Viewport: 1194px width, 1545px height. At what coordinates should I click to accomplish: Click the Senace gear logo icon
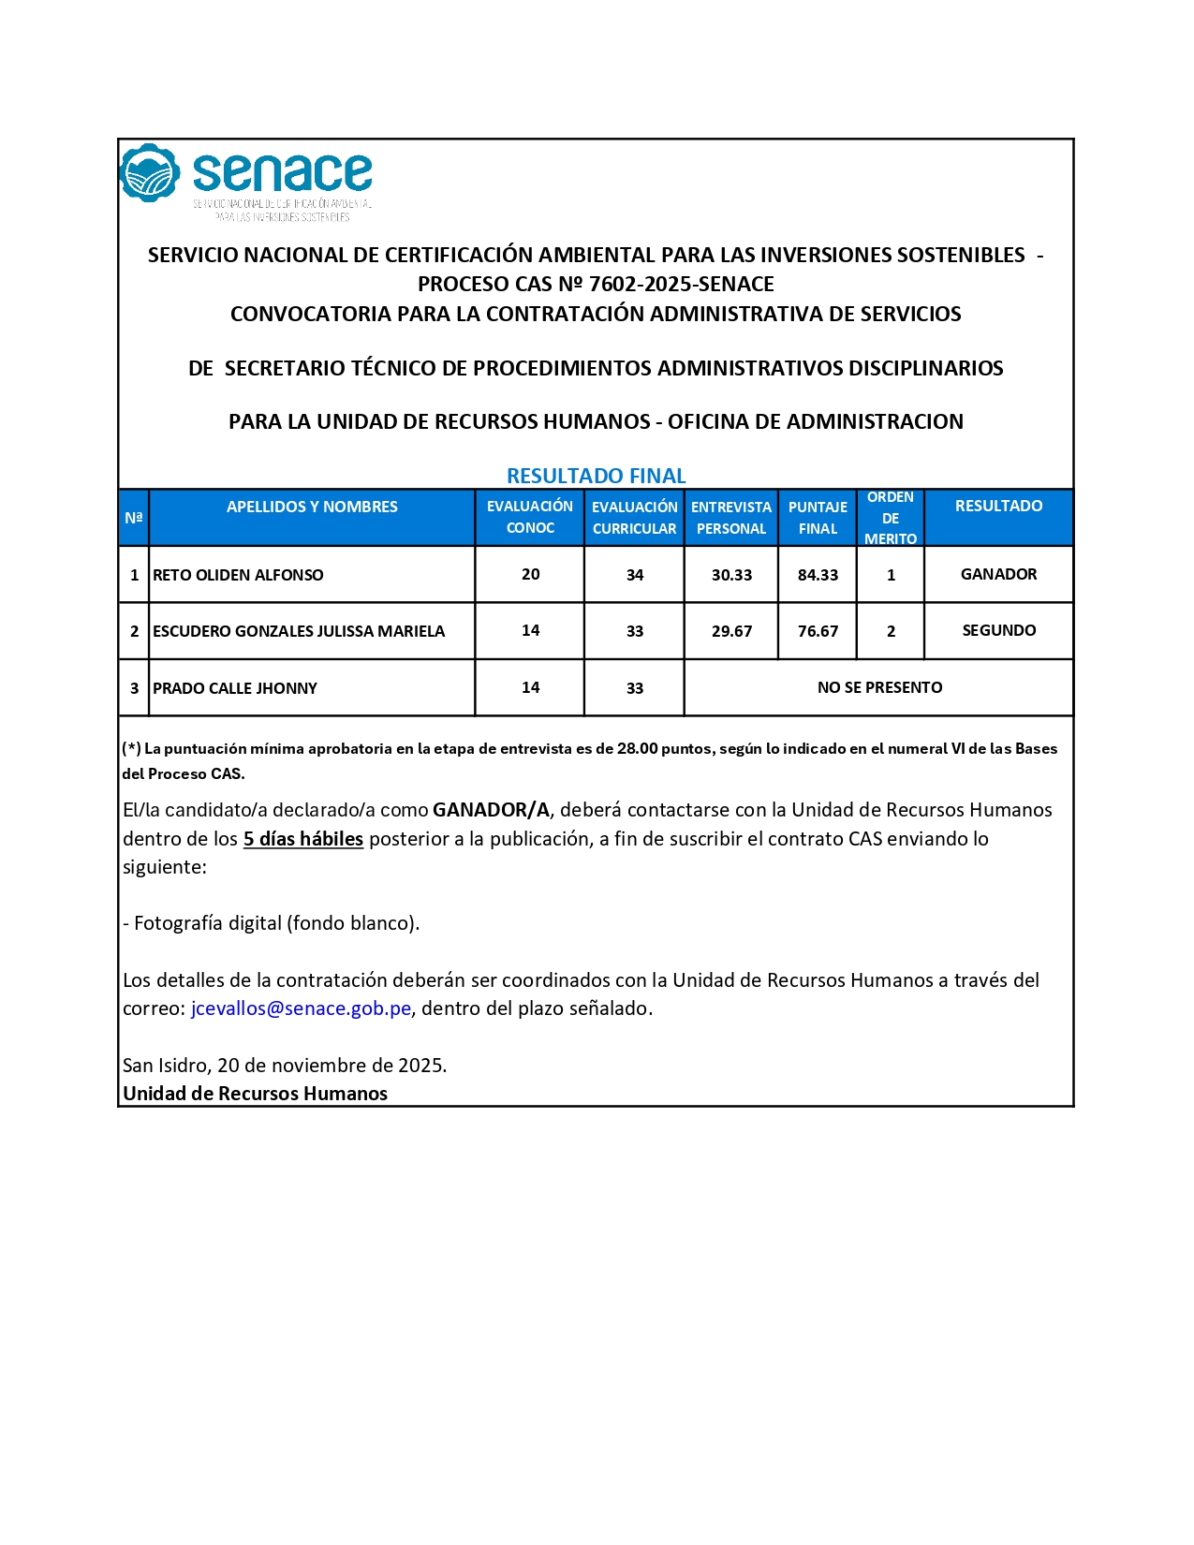coord(150,173)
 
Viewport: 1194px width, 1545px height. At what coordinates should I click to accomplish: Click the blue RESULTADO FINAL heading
coord(596,476)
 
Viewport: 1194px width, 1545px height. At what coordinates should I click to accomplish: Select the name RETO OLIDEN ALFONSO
coord(238,575)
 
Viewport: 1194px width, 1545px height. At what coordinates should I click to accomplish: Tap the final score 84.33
coord(818,575)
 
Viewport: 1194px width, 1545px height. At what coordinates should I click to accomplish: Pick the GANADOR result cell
coord(998,574)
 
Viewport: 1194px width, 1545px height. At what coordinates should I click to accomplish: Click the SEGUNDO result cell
coord(998,630)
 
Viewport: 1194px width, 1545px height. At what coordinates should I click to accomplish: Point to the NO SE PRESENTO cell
coord(879,687)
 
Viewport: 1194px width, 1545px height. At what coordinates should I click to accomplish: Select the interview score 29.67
coord(731,631)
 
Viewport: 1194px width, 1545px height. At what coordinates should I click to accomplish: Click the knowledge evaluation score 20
coord(530,574)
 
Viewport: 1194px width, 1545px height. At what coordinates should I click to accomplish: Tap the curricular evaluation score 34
coord(635,575)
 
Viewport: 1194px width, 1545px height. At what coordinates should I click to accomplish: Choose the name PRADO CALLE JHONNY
coord(235,688)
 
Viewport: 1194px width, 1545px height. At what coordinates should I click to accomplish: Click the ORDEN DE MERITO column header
coord(891,518)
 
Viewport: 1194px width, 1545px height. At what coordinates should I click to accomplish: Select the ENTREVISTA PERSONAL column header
coord(731,518)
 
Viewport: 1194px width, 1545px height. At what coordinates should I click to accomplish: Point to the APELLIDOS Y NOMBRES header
coord(312,507)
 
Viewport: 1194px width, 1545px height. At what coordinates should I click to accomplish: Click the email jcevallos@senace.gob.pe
coord(301,1008)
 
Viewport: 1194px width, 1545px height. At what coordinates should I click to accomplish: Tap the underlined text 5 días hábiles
coord(303,839)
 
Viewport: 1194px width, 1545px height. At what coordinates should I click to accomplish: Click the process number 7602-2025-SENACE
coord(681,284)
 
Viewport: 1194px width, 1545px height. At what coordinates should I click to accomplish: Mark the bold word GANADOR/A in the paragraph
coord(491,810)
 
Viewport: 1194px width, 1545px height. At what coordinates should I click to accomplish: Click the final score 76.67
coord(818,631)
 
